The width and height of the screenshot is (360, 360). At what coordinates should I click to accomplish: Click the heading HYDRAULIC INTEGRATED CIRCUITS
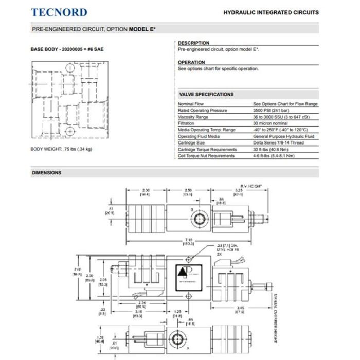tap(271, 12)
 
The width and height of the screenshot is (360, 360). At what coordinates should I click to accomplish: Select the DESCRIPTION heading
tap(193, 43)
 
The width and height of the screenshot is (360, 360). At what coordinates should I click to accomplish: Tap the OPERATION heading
tap(191, 62)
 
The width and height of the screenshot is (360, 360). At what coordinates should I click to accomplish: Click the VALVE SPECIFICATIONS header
tap(206, 94)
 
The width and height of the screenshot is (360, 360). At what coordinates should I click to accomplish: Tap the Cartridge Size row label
tap(193, 143)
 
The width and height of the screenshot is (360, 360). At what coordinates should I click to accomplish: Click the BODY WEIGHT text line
tap(62, 150)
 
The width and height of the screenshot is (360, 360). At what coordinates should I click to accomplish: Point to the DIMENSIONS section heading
tap(47, 173)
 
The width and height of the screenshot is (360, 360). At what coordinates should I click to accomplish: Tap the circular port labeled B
tap(198, 220)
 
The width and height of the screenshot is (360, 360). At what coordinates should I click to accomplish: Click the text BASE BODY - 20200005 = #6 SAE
tap(67, 49)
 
